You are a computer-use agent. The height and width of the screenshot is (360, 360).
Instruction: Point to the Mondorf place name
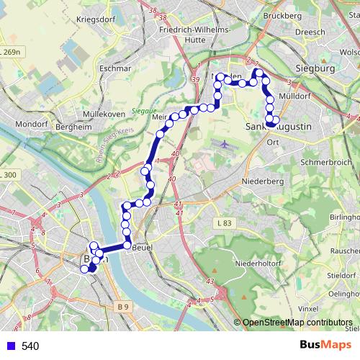tap(31, 124)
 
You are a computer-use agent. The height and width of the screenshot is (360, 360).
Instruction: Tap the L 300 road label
tap(9, 175)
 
